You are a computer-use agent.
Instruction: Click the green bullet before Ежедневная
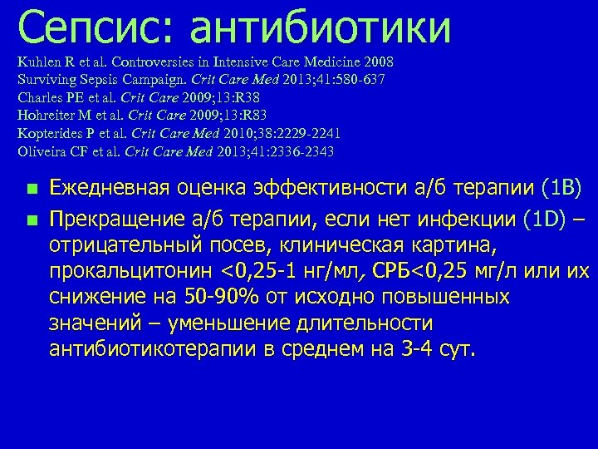point(32,190)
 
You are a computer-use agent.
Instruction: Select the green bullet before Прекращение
point(32,220)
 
